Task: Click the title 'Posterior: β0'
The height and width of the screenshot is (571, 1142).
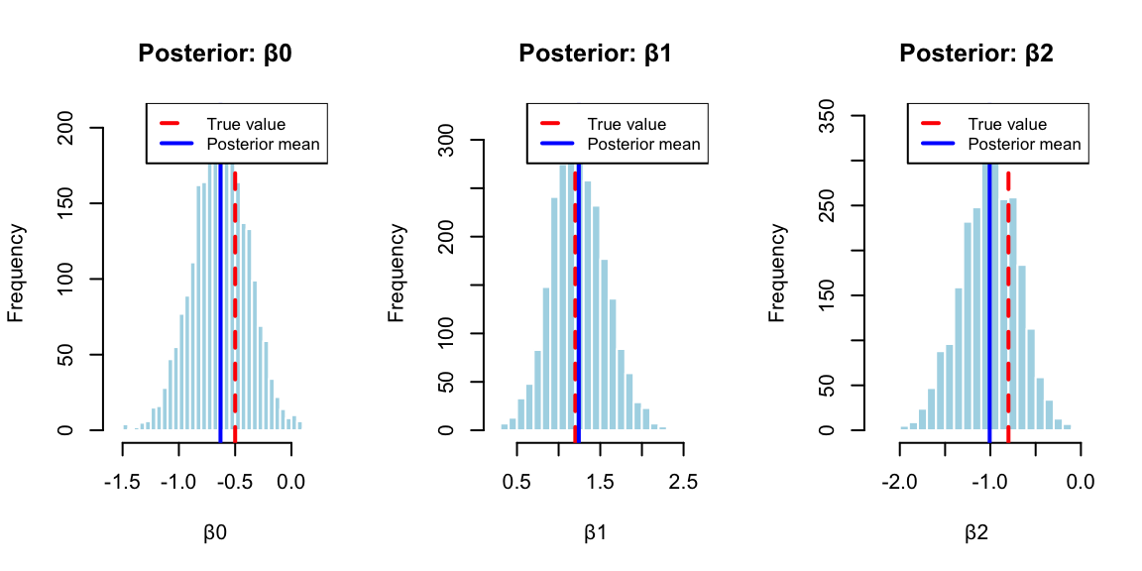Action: click(215, 54)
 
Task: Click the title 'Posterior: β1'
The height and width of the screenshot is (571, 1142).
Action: click(596, 54)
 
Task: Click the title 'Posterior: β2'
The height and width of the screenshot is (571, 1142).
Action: click(976, 54)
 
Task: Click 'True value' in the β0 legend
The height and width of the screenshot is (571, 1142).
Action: click(246, 125)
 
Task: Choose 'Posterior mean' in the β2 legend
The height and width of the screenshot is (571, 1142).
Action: click(1025, 145)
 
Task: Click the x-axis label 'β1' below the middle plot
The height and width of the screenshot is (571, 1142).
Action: click(596, 532)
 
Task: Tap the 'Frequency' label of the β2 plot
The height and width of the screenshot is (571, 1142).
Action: click(777, 273)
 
